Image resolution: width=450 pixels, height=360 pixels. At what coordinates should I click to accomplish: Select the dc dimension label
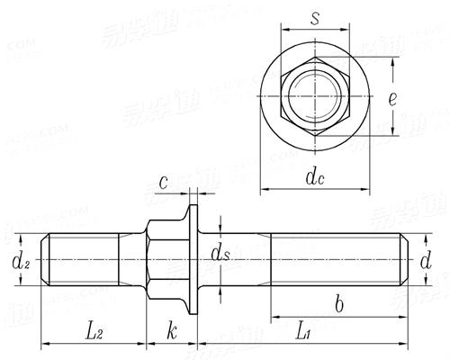(314, 177)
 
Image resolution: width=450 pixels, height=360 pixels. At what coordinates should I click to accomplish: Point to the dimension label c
(164, 183)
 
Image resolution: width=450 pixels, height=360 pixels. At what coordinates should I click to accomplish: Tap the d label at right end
(427, 262)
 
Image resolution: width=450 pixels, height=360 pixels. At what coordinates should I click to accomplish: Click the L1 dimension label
(304, 334)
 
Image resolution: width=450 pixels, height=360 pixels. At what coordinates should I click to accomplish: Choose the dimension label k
(171, 332)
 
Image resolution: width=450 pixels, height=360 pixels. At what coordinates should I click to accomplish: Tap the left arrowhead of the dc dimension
(265, 191)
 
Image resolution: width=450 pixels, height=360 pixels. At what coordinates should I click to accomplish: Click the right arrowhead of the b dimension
(400, 318)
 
